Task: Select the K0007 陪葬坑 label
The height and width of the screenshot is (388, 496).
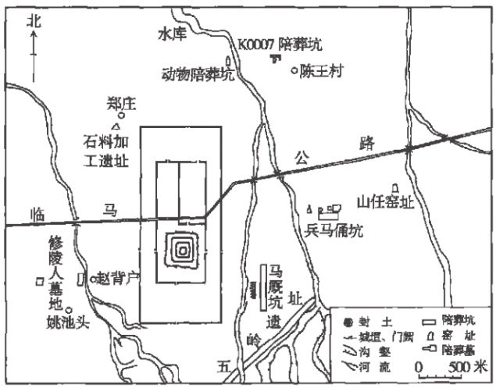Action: click(276, 44)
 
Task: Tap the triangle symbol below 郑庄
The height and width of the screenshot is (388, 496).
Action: click(116, 126)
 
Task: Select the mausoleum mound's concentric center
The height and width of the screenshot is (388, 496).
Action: click(183, 251)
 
